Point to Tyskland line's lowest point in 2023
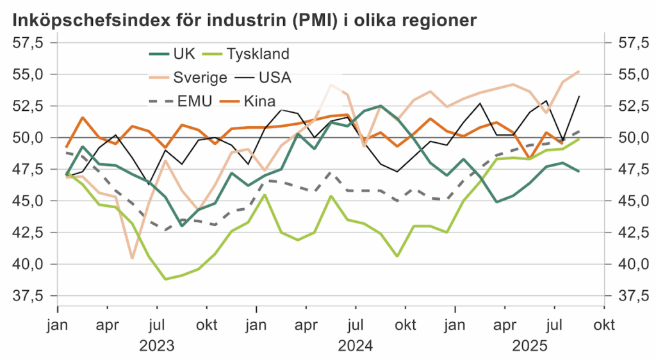click(x=166, y=279)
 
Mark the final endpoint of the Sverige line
click(x=579, y=71)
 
